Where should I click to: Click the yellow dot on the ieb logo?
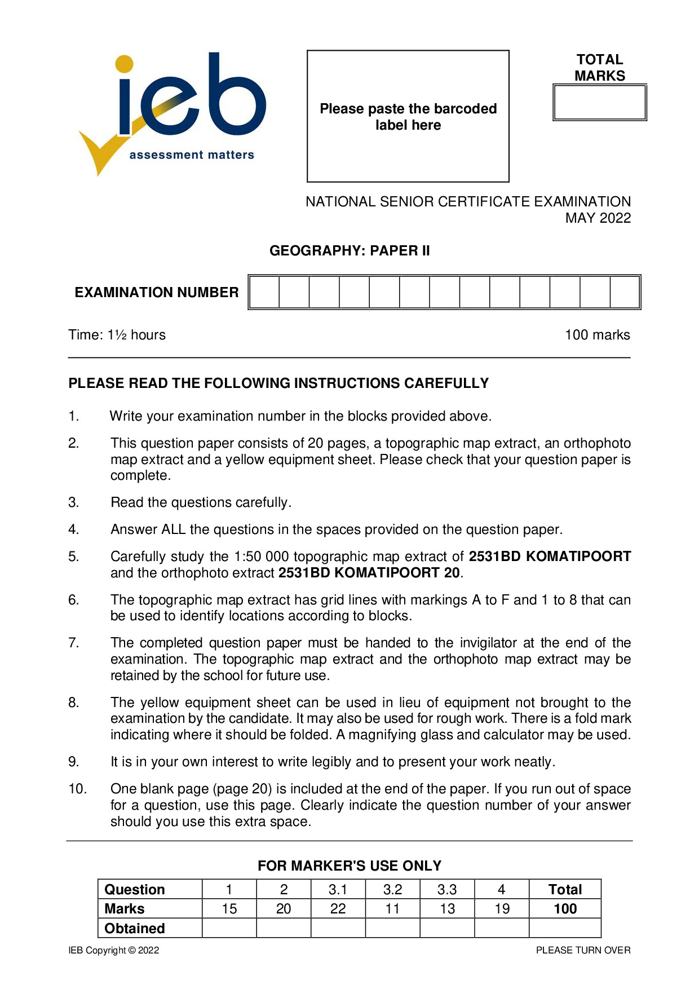coord(124,64)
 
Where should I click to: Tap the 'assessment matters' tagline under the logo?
coord(192,155)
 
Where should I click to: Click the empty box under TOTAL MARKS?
coord(599,103)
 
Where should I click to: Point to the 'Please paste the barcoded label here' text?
coord(408,117)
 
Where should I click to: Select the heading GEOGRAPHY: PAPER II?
coord(349,251)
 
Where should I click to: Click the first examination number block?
coord(264,292)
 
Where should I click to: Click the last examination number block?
coord(625,292)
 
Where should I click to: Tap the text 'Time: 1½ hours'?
coord(117,335)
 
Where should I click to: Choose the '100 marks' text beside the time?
coord(597,335)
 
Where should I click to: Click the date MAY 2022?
coord(598,218)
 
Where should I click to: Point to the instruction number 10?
coord(77,789)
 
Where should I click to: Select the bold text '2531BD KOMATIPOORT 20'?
coord(370,573)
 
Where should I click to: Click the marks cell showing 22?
coord(338,909)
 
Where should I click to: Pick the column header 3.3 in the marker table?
coord(447,890)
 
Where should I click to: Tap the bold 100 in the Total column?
coord(565,909)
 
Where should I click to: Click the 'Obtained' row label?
coord(135,928)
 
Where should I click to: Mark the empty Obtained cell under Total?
coord(565,928)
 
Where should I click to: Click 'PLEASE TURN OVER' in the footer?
coord(583,951)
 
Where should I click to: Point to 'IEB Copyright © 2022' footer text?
coord(114,951)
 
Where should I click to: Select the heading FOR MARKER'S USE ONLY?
coord(349,866)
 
